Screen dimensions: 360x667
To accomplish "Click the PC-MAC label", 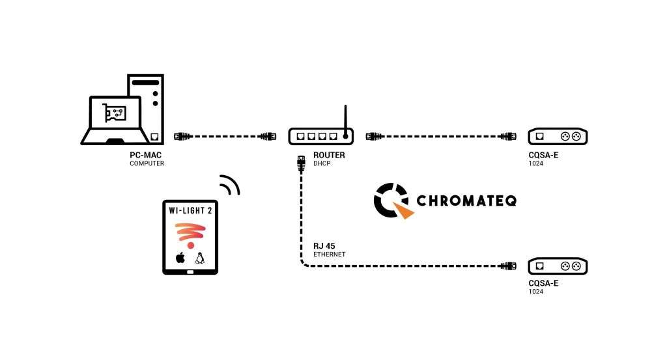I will pos(145,155).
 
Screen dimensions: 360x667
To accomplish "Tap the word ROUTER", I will pos(329,155).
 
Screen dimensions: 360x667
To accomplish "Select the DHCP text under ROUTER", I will pos(322,163).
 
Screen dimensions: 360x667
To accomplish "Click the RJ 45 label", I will pos(324,246).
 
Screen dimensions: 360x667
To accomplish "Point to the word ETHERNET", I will pos(329,255).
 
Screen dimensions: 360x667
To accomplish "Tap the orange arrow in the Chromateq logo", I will pos(405,210).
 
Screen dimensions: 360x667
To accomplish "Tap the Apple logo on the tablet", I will pos(180,258).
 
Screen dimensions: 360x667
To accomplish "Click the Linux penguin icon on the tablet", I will pos(200,258).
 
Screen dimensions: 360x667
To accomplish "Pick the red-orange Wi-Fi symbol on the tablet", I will pos(190,235).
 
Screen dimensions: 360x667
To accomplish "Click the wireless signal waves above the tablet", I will pos(230,185).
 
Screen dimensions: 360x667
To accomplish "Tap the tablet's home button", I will pos(190,271).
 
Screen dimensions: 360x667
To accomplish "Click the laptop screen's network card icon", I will pos(115,115).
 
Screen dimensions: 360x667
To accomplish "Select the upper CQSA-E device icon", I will pos(557,137).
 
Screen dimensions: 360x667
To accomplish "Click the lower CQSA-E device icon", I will pos(557,266).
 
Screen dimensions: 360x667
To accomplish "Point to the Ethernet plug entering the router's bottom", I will pos(301,162).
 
